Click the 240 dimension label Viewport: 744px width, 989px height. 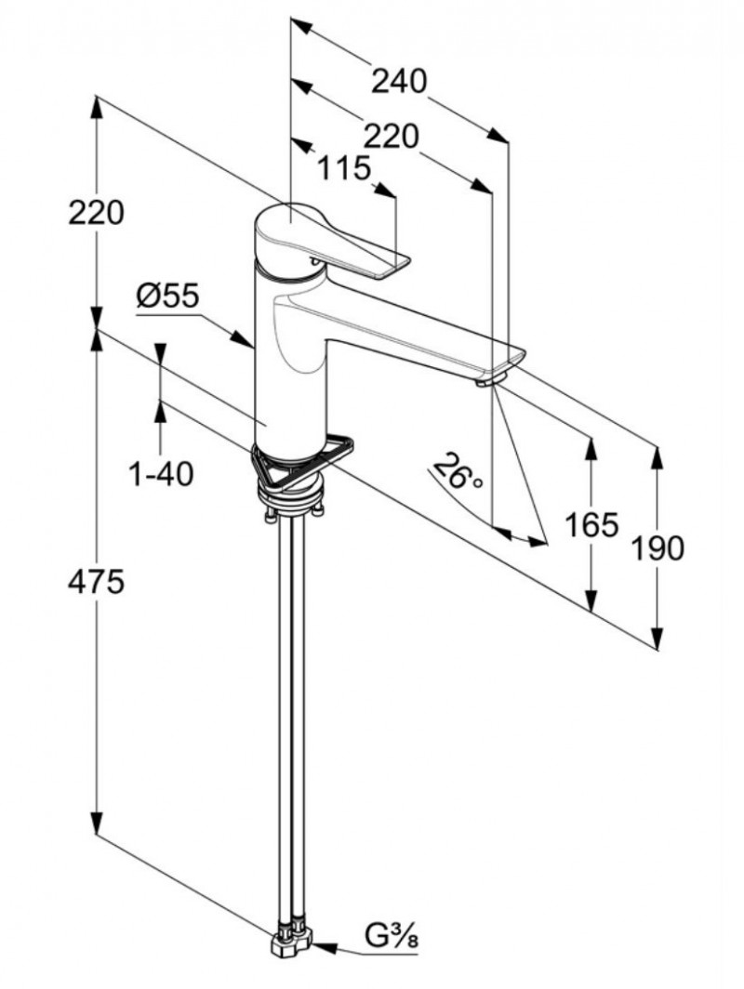pyautogui.click(x=399, y=82)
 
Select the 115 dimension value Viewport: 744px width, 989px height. pyautogui.click(x=343, y=169)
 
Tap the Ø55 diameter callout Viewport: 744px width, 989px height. pyautogui.click(x=167, y=297)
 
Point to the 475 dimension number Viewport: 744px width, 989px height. pyautogui.click(x=96, y=582)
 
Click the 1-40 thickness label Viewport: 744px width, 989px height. pyautogui.click(x=160, y=475)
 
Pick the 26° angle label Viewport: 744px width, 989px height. pyautogui.click(x=461, y=472)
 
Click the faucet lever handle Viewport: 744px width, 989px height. pyautogui.click(x=344, y=246)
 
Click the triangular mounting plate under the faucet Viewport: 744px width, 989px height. pyautogui.click(x=298, y=461)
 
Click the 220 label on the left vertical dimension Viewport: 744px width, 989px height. pyautogui.click(x=96, y=213)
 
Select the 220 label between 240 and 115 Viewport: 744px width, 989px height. pyautogui.click(x=390, y=137)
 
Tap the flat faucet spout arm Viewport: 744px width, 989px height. pyautogui.click(x=418, y=330)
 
